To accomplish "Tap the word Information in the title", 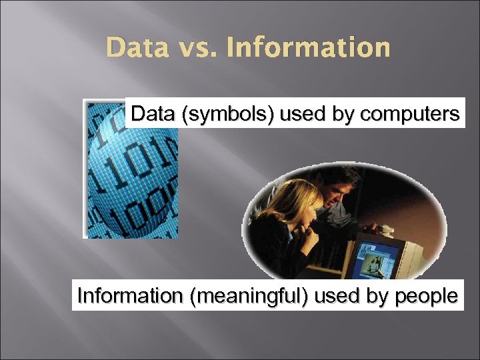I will point(308,48).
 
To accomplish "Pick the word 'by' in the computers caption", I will point(344,115).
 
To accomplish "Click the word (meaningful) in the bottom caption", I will point(249,295).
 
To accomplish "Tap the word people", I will point(424,296).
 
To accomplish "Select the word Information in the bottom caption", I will point(131,295).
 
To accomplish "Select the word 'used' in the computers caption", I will point(305,115).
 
